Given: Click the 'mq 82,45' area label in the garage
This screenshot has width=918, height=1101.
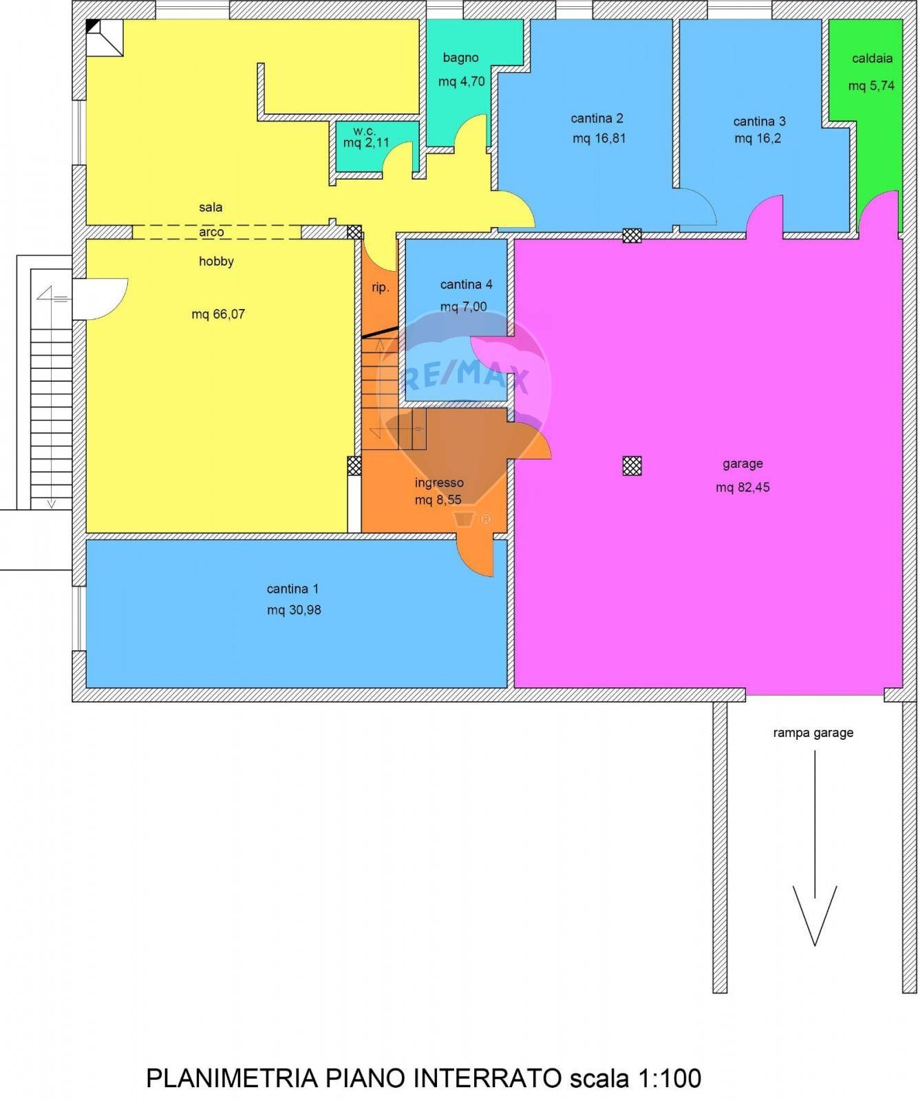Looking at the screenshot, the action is click(743, 487).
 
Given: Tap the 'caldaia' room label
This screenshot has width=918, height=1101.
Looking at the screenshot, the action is click(872, 58).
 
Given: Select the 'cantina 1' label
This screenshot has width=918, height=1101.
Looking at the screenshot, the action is click(292, 589).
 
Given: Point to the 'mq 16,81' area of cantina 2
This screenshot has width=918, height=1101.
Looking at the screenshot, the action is click(599, 138).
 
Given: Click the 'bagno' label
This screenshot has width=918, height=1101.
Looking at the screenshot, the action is click(460, 58).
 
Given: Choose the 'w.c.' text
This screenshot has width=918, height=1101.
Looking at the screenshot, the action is click(364, 131).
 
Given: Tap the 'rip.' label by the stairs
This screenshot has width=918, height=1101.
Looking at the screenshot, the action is click(381, 288).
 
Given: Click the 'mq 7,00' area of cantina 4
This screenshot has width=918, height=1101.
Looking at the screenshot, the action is click(463, 306).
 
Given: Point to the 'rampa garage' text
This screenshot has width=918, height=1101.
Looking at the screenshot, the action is click(813, 733).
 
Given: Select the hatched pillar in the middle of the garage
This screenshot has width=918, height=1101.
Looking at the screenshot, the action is click(632, 466).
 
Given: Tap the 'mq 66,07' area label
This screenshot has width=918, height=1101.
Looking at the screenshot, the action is click(218, 314).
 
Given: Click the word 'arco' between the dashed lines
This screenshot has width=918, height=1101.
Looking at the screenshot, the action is click(211, 232).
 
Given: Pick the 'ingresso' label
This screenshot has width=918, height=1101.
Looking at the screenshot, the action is click(439, 483).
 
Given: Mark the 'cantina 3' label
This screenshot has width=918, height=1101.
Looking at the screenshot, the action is click(759, 121).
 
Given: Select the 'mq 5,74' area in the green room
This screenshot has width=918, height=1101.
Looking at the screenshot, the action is click(871, 86).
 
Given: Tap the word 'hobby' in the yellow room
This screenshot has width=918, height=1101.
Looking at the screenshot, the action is click(216, 261).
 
